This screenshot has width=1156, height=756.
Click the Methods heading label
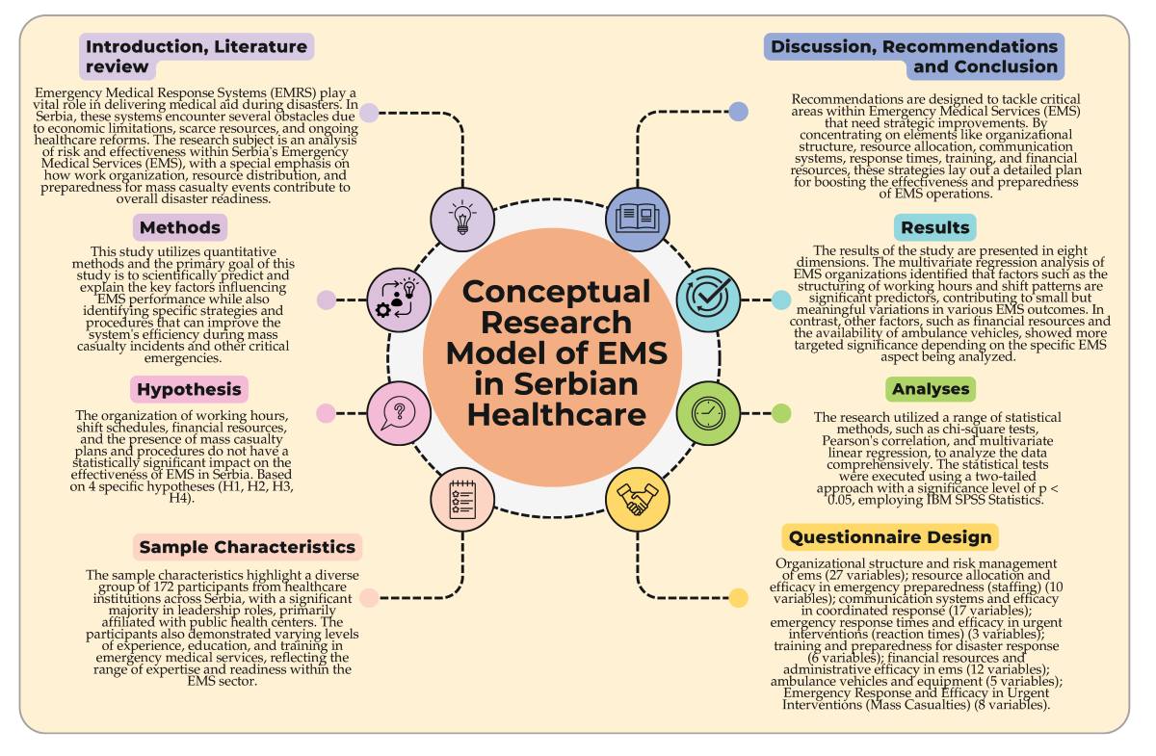tap(180, 228)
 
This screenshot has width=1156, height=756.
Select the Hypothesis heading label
tap(189, 389)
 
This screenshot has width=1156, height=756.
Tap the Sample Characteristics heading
tap(248, 547)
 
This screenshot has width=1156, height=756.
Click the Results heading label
tap(934, 228)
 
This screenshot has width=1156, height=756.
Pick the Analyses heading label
tap(930, 389)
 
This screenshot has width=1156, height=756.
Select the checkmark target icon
tap(708, 299)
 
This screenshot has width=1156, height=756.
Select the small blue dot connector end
tap(738, 112)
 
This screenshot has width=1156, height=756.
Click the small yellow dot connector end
tap(738, 598)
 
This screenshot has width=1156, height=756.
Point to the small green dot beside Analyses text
tap(781, 413)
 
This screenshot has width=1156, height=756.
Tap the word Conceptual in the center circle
tap(557, 292)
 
